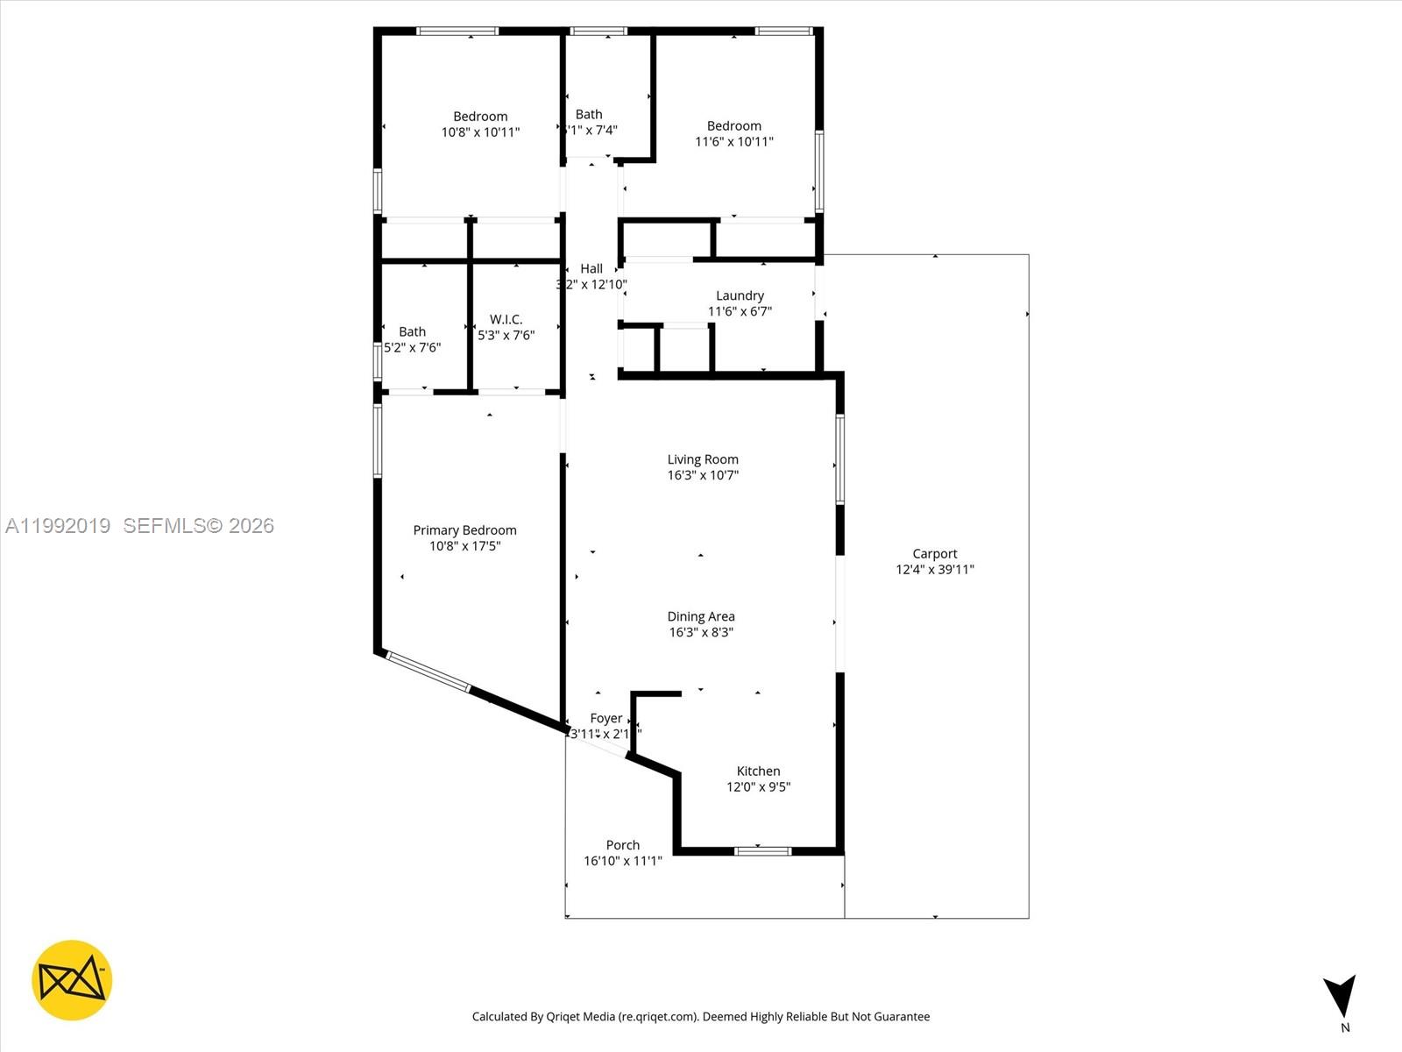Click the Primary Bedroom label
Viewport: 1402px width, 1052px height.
tap(464, 530)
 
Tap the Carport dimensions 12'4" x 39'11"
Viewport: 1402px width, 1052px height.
tap(934, 570)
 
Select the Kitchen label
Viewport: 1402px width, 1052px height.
tap(758, 771)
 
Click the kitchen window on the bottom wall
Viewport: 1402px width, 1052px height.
tap(762, 850)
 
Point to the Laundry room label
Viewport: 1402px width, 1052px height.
tap(740, 296)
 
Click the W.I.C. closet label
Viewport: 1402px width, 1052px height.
tap(506, 319)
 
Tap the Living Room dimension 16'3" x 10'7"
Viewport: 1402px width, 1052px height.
tap(703, 475)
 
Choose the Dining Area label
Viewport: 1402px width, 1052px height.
tap(701, 616)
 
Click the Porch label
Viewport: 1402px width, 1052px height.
tap(622, 845)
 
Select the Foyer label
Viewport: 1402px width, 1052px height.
tap(605, 718)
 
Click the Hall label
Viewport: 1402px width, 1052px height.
tap(591, 269)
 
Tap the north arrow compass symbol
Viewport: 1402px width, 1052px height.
tap(1341, 997)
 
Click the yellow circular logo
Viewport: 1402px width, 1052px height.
tap(72, 980)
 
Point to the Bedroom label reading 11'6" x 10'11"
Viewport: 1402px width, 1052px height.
tap(733, 126)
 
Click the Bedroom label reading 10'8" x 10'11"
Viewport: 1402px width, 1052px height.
tap(480, 117)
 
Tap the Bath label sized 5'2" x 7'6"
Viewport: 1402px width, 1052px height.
tap(412, 331)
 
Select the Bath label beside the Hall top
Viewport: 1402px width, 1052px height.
tap(589, 114)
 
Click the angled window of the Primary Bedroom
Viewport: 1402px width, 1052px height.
tap(428, 672)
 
